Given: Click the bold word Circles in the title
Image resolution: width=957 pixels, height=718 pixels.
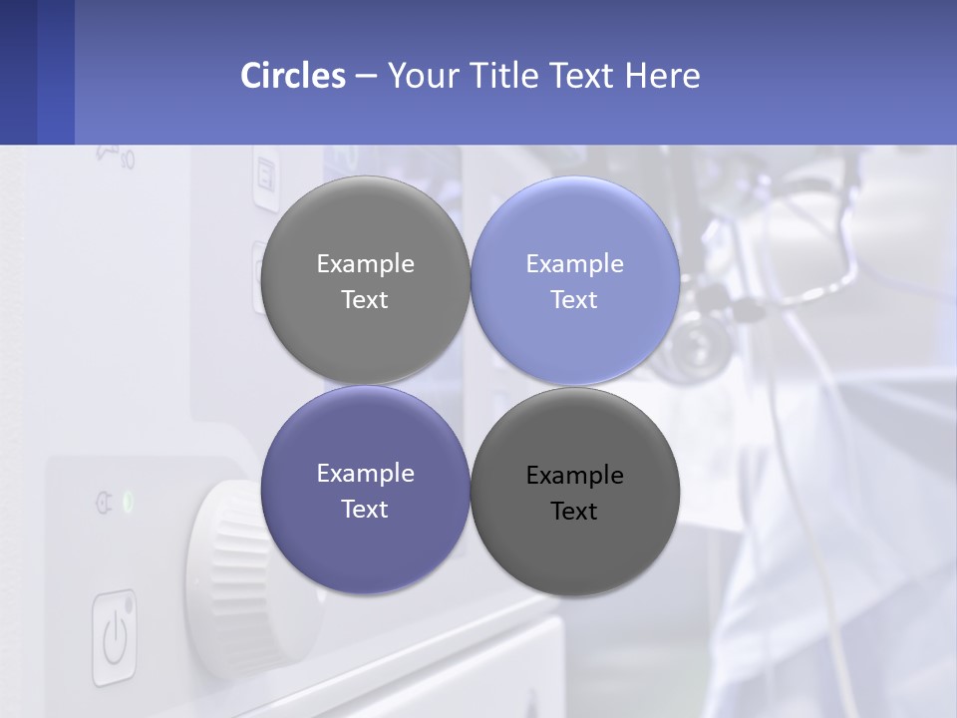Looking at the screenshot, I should pos(292,76).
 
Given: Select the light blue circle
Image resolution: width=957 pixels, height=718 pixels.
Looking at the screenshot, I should pos(575,281).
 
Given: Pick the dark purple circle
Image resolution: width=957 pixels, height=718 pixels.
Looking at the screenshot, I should pos(365,491).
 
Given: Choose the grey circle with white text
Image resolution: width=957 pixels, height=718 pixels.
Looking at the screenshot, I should pos(365,281).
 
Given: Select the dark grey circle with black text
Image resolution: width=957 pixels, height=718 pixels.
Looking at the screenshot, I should pos(575,492).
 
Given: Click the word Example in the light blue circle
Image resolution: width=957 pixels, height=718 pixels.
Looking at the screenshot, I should pos(575,264).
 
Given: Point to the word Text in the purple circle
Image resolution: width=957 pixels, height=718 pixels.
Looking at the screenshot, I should pos(365,510).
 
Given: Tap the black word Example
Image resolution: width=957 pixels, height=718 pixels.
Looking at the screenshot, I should pos(575,476).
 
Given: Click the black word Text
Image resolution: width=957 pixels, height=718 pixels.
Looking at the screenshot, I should pos(574,512).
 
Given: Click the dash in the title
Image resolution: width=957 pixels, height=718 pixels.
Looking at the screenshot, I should pos(366,77).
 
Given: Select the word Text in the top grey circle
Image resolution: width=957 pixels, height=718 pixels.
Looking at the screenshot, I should pos(365,300).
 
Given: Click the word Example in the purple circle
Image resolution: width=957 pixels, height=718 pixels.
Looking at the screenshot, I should pos(365,474).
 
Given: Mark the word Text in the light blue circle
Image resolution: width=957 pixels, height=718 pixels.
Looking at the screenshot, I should pos(574,300).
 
